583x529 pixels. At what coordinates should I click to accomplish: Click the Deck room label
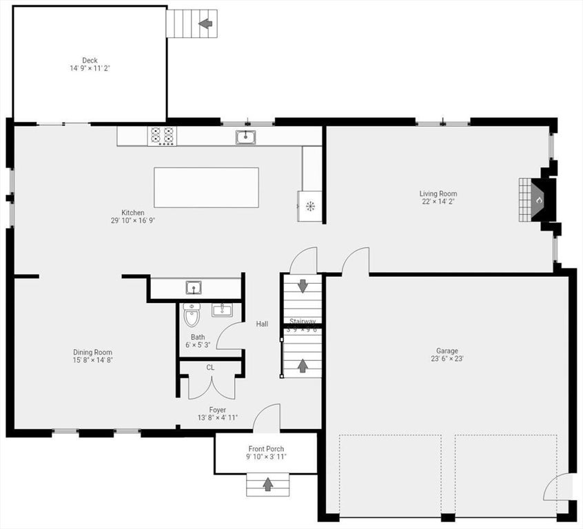click(90, 61)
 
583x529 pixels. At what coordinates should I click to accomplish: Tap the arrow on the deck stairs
click(205, 24)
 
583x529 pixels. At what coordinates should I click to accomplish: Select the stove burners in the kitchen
click(163, 136)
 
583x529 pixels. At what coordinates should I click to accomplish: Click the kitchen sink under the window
click(245, 137)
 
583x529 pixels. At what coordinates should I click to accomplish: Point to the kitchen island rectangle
click(206, 187)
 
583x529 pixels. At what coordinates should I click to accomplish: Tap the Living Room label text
click(438, 194)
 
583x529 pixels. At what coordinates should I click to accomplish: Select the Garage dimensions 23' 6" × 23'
click(447, 359)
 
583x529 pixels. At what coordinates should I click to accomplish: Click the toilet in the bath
click(192, 316)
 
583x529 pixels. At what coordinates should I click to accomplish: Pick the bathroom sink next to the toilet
click(222, 310)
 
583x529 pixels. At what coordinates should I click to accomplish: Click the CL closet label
click(210, 368)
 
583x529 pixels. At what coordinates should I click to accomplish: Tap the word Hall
click(262, 324)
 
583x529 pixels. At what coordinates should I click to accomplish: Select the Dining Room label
click(93, 352)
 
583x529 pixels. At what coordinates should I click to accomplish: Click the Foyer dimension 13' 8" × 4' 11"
click(218, 418)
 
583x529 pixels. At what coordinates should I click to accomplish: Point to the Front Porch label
click(266, 448)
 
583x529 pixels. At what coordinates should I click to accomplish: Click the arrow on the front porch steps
click(267, 485)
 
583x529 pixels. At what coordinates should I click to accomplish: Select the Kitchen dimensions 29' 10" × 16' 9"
click(133, 221)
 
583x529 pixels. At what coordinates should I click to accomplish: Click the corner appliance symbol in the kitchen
click(310, 205)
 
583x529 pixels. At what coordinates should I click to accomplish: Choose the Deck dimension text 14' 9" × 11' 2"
click(90, 69)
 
